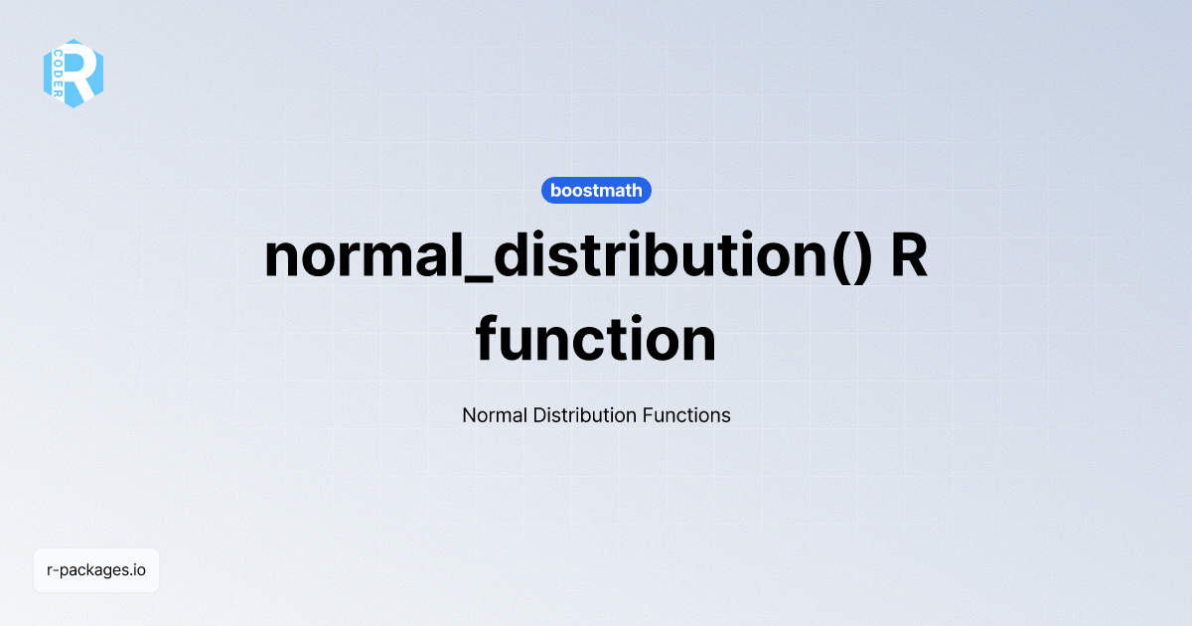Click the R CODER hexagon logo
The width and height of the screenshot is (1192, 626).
click(x=74, y=73)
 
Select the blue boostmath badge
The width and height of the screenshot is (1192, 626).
click(x=596, y=190)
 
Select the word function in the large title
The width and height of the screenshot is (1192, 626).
click(x=596, y=340)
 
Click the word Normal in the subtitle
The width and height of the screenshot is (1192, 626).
click(x=495, y=415)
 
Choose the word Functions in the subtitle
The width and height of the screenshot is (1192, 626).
click(x=686, y=415)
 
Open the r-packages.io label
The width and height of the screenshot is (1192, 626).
click(x=96, y=570)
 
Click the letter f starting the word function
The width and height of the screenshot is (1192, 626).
click(x=489, y=338)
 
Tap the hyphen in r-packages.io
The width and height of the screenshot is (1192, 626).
click(x=57, y=571)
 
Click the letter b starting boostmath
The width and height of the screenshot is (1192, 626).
click(x=556, y=190)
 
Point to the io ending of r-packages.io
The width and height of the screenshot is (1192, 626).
click(x=139, y=570)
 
